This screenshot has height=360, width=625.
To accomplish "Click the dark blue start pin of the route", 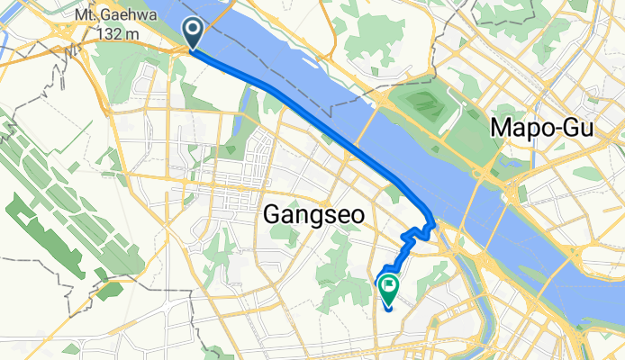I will pyautogui.click(x=194, y=33).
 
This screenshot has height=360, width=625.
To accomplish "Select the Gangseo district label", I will pyautogui.click(x=308, y=214).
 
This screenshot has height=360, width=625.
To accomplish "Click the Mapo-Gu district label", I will pyautogui.click(x=543, y=129).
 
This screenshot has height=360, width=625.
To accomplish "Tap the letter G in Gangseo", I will pyautogui.click(x=271, y=214).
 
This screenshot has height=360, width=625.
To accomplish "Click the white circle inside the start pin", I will pyautogui.click(x=194, y=28).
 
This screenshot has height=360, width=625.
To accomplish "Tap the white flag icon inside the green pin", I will pyautogui.click(x=389, y=287).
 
